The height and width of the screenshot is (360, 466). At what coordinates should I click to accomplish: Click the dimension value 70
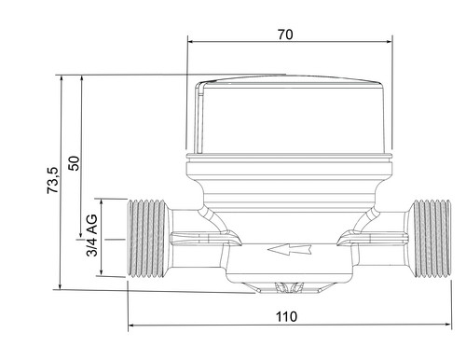coord(285,35)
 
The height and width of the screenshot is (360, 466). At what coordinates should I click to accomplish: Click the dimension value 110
coord(286,317)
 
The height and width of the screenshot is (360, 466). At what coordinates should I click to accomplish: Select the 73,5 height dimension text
coord(53,180)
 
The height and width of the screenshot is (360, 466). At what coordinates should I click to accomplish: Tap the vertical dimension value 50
coord(75,163)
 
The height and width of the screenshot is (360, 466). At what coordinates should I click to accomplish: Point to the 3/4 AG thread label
coord(92,235)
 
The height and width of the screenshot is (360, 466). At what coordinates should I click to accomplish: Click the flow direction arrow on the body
coord(289,249)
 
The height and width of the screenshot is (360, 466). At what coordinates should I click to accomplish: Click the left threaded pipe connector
coord(146,239)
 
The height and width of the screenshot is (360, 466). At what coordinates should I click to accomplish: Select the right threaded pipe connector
coord(431,239)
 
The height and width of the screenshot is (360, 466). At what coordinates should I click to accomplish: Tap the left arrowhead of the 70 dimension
coord(191,41)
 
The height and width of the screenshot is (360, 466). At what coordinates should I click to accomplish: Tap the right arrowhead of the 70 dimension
coord(389,42)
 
